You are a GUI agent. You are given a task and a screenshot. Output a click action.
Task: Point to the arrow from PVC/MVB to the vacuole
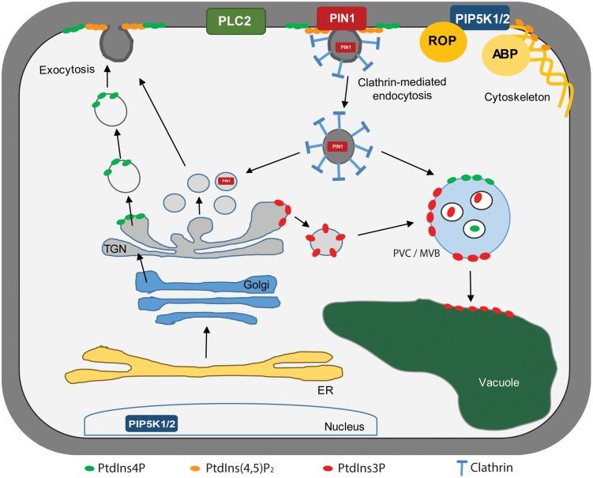point(471,286)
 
